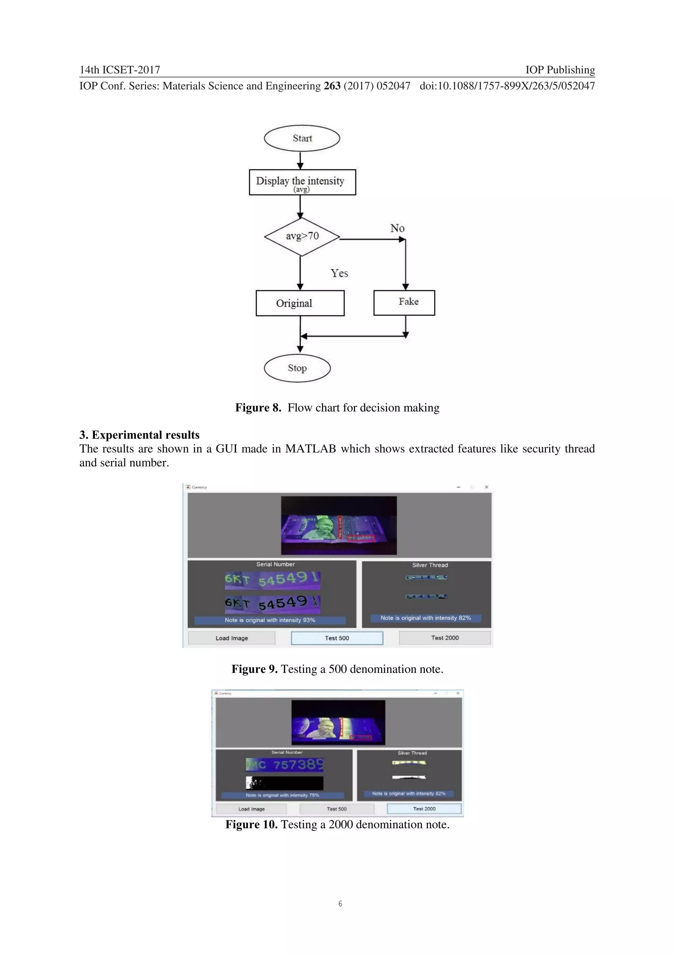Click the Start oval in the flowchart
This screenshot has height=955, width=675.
pos(302,138)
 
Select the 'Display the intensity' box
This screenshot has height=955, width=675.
pos(302,182)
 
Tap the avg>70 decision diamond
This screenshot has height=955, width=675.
pos(302,236)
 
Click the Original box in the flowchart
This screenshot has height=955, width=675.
pos(300,303)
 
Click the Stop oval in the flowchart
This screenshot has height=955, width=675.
pos(297,368)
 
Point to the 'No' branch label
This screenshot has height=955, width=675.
pos(397,228)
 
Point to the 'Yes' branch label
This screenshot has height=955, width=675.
pos(339,273)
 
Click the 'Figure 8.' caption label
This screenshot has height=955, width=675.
pos(258,408)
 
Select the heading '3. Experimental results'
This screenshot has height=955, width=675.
pos(139,435)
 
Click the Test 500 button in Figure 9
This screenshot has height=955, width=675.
pos(337,638)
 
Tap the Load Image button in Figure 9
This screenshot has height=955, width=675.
pos(232,638)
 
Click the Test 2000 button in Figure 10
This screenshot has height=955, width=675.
pos(424,809)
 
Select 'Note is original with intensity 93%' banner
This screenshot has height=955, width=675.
pos(270,620)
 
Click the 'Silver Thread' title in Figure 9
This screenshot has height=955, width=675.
pos(430,565)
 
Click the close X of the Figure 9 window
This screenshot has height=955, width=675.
pos(486,487)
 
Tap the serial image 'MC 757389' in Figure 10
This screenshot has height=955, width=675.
pos(284,764)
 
